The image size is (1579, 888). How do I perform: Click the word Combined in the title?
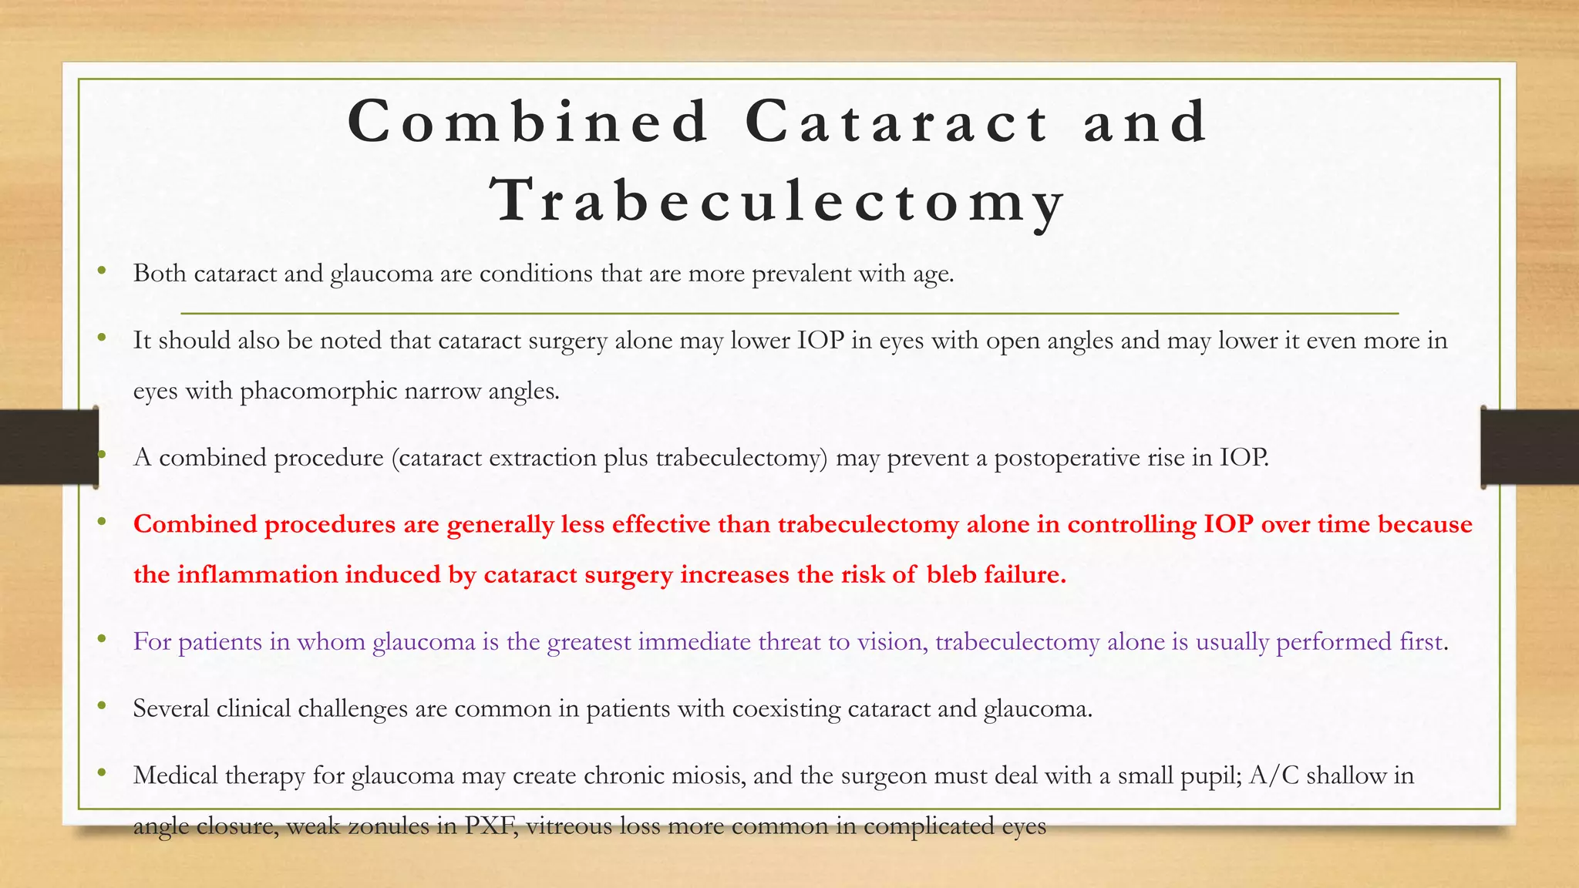coord(529,122)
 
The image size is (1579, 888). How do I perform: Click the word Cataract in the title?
coord(897,122)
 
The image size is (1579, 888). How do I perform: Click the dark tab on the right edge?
coord(1530,447)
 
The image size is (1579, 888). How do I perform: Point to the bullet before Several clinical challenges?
coord(101,705)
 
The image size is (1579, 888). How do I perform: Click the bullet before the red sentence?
coord(101,522)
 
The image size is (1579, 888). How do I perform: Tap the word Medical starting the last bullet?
coord(175,775)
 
